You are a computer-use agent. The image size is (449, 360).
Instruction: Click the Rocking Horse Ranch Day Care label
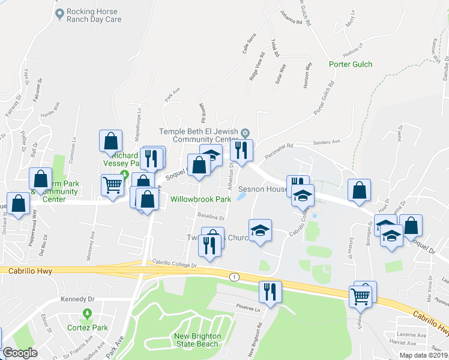click(x=94, y=16)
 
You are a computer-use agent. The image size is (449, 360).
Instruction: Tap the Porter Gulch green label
click(x=351, y=64)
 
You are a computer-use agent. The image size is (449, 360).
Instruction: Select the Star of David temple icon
click(x=245, y=132)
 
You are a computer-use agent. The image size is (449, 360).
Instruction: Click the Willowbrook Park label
click(x=200, y=199)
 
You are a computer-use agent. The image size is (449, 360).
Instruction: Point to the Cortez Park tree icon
click(x=88, y=313)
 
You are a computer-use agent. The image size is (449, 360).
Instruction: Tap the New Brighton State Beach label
click(x=197, y=340)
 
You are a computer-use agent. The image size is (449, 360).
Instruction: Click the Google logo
click(x=20, y=353)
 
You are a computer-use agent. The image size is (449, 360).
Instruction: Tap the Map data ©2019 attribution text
click(x=423, y=355)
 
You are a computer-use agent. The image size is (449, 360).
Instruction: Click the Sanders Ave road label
click(x=327, y=142)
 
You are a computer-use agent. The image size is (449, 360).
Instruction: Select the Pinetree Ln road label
click(x=247, y=310)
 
